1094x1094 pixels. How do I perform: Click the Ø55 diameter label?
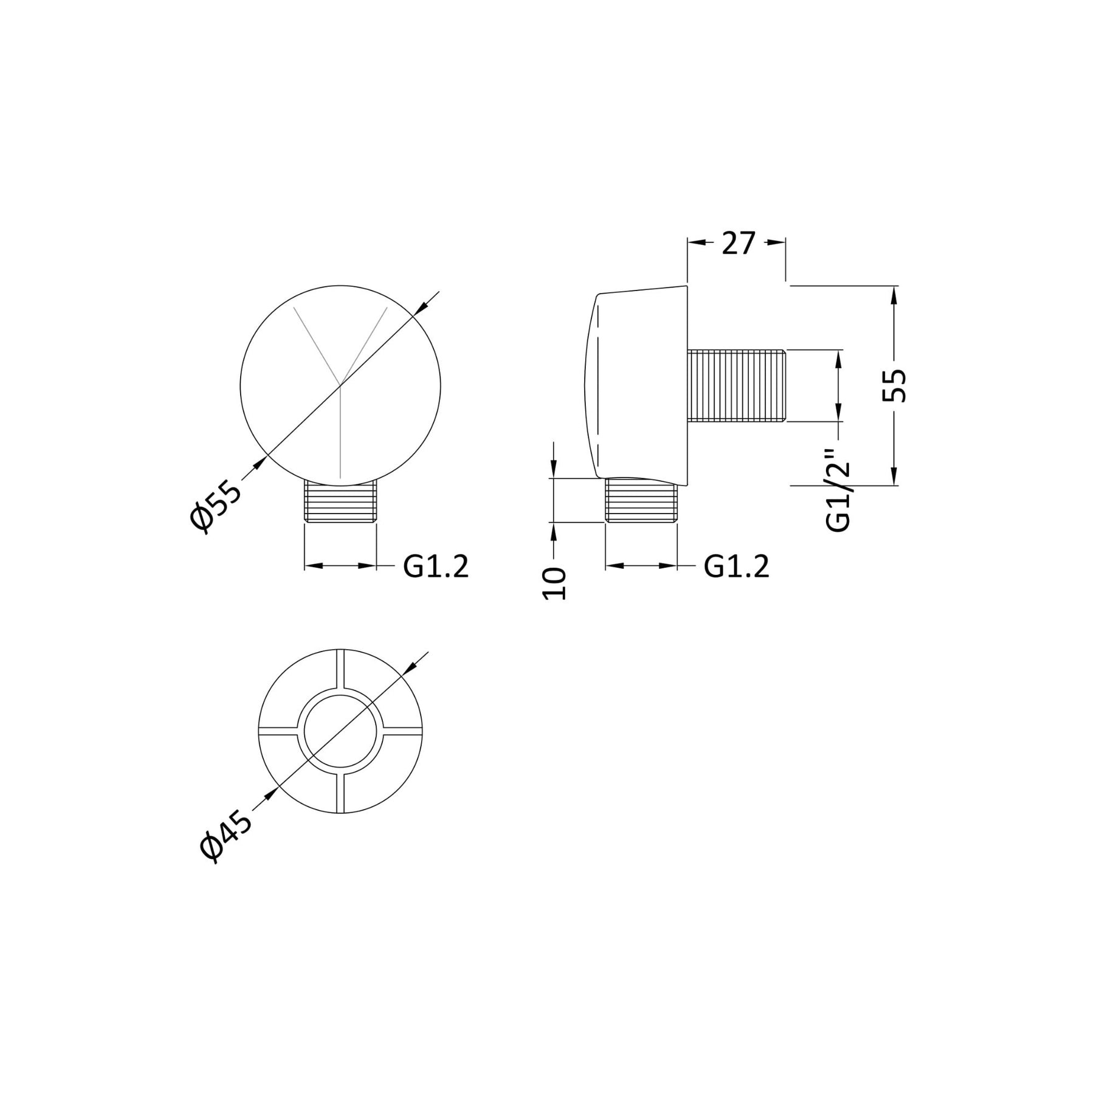point(215,506)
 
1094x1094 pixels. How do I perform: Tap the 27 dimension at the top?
point(738,243)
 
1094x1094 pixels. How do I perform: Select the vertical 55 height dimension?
point(894,385)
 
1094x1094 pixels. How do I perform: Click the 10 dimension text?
point(554,584)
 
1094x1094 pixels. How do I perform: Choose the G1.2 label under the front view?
point(436,566)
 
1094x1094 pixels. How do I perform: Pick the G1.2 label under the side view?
point(737,566)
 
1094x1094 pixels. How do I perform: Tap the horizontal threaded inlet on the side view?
point(737,385)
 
